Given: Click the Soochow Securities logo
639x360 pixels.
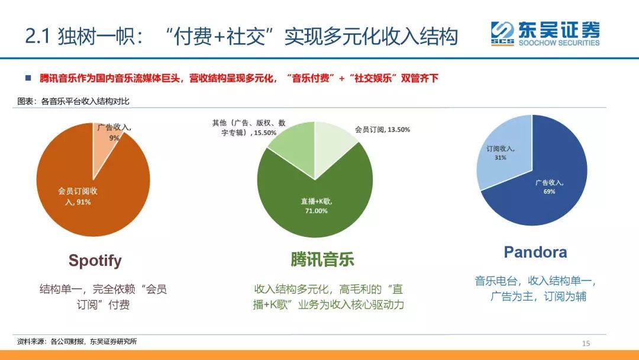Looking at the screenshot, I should pyautogui.click(x=545, y=34).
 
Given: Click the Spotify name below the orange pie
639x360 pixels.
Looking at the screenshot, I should pyautogui.click(x=95, y=261).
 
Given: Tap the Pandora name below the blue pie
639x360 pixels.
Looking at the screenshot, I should pyautogui.click(x=535, y=252).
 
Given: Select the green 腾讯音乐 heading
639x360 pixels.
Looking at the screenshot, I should pyautogui.click(x=322, y=260).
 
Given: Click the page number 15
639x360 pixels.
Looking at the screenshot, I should pyautogui.click(x=586, y=343).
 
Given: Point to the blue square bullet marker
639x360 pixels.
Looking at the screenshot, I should pyautogui.click(x=27, y=78).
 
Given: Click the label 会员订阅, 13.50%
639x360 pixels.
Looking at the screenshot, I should pyautogui.click(x=382, y=129).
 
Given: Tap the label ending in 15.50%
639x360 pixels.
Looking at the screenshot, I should pyautogui.click(x=249, y=128).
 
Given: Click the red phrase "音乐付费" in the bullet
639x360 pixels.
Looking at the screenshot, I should pyautogui.click(x=310, y=78).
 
